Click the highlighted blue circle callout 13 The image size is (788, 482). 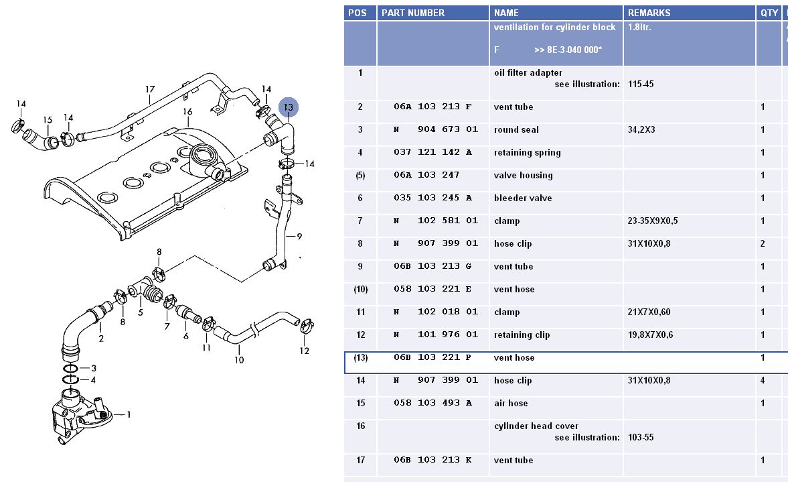[289, 107]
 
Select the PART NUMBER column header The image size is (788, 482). [412, 13]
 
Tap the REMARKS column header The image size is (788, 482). [649, 13]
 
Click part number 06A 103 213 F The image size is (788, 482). [432, 107]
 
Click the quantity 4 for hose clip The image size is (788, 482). [763, 381]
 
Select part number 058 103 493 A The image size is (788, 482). [432, 404]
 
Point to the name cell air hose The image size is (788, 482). [511, 404]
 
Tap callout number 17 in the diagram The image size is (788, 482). [150, 89]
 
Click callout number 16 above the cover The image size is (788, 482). [187, 111]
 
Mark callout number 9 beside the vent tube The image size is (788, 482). [299, 236]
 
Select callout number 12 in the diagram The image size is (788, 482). [305, 351]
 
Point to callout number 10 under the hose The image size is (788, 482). [239, 360]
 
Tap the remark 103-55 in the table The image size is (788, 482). [641, 438]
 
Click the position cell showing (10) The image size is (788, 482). [360, 290]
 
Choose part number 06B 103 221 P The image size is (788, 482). [432, 358]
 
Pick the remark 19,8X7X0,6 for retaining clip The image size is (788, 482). [651, 335]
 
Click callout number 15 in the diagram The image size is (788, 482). [48, 120]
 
